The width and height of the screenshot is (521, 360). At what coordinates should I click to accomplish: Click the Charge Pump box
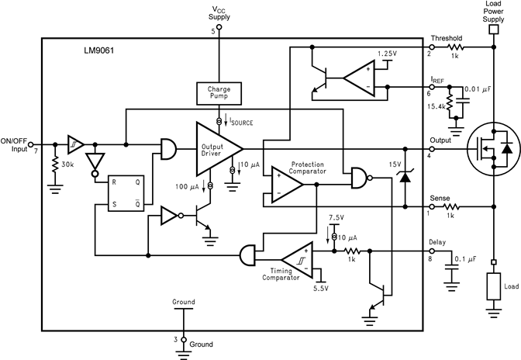[x=219, y=93]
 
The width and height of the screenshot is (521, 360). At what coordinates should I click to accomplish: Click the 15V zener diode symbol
[x=405, y=176]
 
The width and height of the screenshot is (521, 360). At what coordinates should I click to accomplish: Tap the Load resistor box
[x=492, y=286]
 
